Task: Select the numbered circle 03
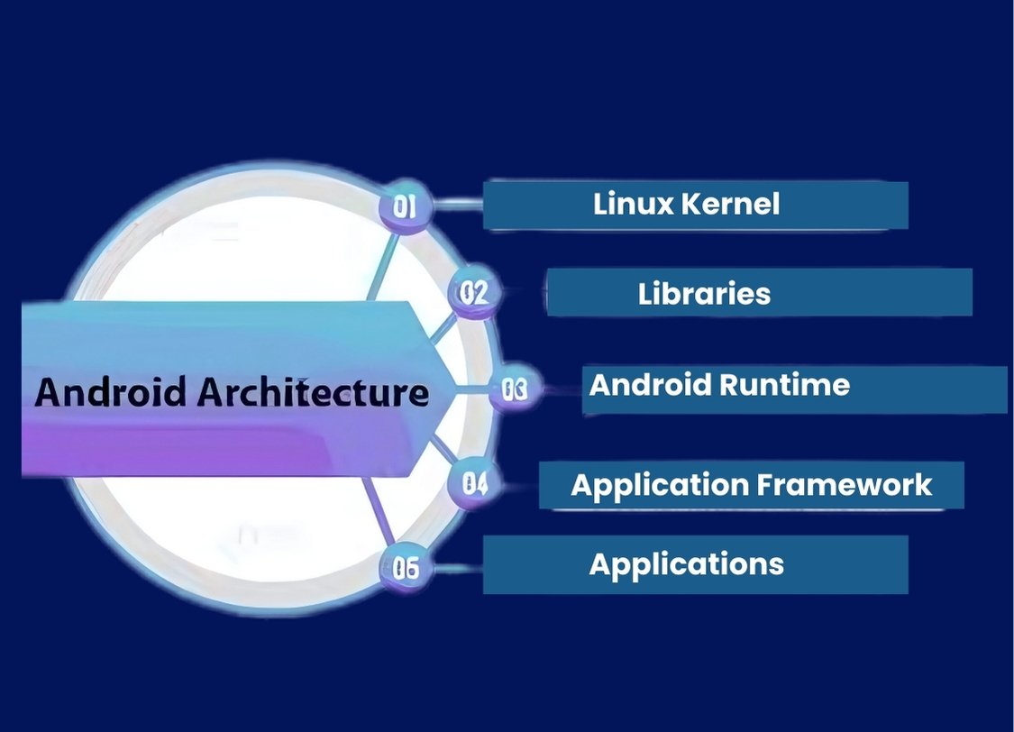click(515, 390)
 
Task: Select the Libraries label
click(704, 293)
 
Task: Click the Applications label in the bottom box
click(686, 564)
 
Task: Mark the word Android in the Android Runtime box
click(648, 385)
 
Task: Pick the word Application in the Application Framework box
click(660, 485)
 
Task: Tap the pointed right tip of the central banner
click(458, 389)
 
